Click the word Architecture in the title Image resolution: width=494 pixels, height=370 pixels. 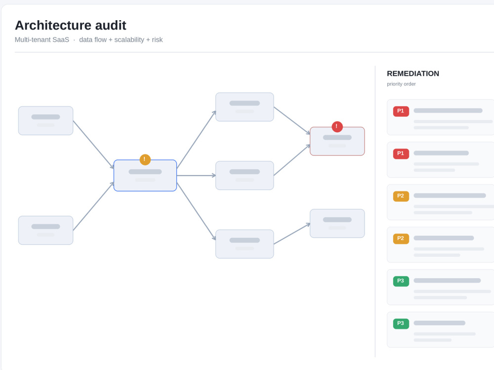(x=53, y=25)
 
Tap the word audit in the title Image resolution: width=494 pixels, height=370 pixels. (x=111, y=25)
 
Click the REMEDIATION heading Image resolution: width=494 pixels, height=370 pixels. (x=412, y=74)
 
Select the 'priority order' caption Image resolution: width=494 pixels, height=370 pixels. (x=401, y=84)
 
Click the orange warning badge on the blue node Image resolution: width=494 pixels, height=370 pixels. (x=145, y=159)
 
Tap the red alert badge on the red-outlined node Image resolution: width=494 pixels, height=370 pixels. (x=337, y=127)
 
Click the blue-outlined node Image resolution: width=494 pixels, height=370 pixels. (x=145, y=176)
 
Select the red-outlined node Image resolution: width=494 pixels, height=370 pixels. (x=337, y=141)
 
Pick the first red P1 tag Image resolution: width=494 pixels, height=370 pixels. (x=401, y=111)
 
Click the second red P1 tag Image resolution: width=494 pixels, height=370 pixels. (x=401, y=153)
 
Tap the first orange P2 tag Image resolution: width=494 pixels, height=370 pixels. (x=401, y=196)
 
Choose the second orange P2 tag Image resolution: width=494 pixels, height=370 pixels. (x=401, y=238)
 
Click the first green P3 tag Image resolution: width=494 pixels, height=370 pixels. (x=401, y=281)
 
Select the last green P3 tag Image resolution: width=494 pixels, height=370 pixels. (x=401, y=324)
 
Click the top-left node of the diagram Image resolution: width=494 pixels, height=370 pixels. (x=45, y=121)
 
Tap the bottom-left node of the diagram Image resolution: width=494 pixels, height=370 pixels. (x=45, y=230)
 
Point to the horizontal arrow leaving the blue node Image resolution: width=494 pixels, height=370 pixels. (x=196, y=176)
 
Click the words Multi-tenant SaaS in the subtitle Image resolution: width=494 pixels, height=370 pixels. (x=42, y=39)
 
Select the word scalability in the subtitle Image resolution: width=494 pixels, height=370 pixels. (x=129, y=39)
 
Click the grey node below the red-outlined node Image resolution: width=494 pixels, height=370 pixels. (x=337, y=223)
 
